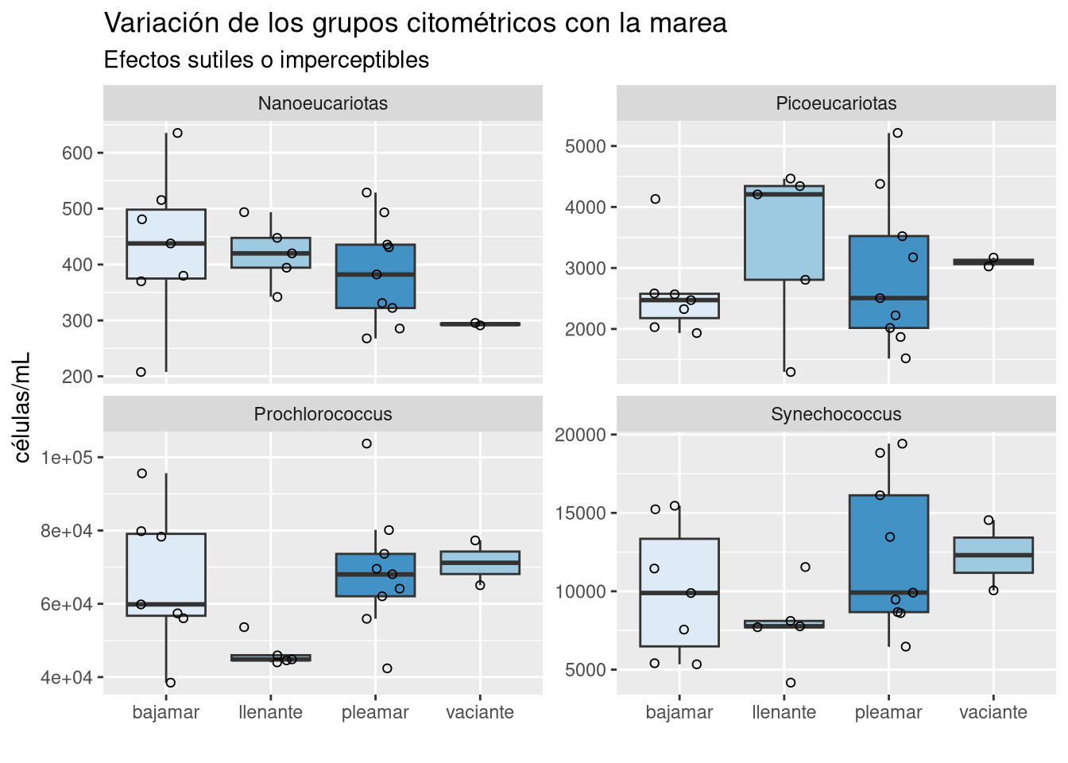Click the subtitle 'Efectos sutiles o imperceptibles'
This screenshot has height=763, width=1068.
266,60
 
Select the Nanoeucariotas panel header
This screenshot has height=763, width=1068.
323,103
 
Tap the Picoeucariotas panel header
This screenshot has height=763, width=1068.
836,103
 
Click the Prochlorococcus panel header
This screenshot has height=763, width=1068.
323,414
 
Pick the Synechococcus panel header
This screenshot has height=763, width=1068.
836,414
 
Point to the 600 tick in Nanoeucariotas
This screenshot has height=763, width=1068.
78,153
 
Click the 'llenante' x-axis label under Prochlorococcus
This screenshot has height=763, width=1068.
270,712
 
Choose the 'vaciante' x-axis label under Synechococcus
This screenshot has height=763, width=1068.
993,712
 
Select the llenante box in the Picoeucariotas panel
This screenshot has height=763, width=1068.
784,238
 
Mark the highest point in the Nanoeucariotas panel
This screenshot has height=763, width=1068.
177,133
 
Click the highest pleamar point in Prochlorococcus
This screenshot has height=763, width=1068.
366,443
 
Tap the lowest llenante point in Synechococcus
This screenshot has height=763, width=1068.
791,683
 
